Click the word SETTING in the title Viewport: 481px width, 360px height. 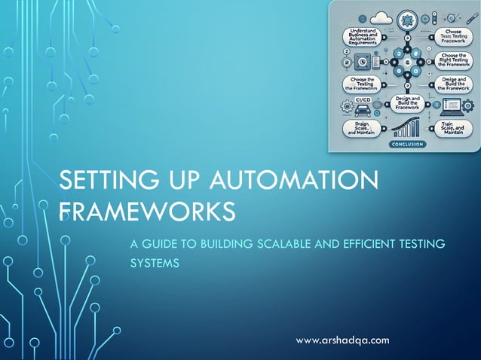coord(97,182)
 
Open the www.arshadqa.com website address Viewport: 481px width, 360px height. coord(342,340)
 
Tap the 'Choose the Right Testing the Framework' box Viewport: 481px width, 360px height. coord(454,60)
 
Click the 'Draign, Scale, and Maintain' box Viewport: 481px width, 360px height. coord(363,127)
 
